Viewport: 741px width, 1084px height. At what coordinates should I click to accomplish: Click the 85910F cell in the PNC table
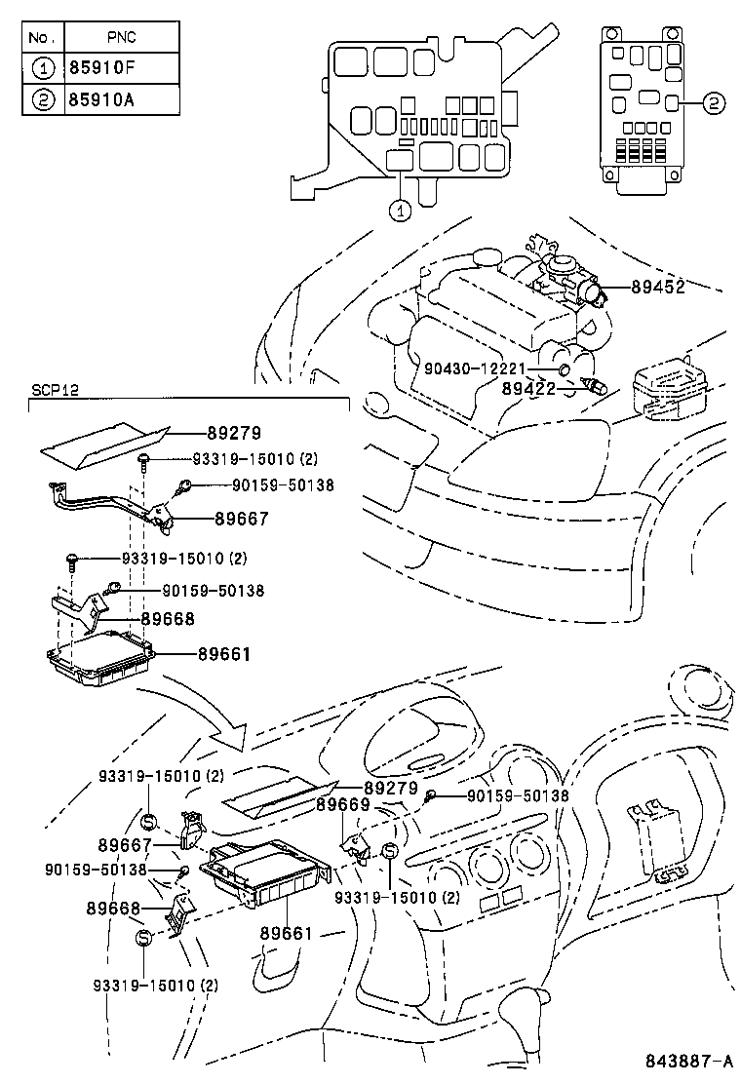coord(121,69)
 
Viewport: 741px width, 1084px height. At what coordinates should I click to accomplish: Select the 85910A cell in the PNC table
coord(121,100)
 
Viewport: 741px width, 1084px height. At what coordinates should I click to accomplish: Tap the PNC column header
coord(121,38)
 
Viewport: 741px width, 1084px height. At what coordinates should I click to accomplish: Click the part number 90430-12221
coord(475,368)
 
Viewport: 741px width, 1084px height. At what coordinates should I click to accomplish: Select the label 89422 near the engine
coord(528,387)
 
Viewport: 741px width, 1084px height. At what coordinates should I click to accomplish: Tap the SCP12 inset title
coord(54,390)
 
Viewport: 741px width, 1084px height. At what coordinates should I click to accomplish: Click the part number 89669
coord(341,805)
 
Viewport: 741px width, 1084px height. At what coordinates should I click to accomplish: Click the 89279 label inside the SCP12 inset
coord(235,432)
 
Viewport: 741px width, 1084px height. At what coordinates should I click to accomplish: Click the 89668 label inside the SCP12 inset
coord(167,618)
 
